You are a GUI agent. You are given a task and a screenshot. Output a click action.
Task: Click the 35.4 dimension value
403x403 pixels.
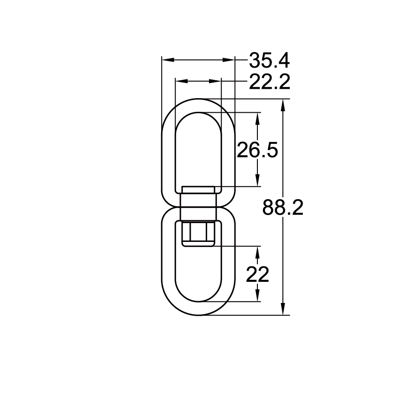click(269, 61)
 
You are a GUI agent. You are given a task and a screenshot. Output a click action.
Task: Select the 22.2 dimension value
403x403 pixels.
click(269, 82)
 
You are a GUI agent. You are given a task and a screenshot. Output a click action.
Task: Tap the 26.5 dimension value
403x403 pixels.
click(257, 150)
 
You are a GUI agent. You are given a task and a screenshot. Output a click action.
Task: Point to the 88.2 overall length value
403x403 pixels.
click(283, 207)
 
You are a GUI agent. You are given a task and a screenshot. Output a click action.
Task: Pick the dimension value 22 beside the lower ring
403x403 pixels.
click(257, 274)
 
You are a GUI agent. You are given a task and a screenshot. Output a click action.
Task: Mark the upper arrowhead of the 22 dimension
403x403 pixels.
click(257, 252)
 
